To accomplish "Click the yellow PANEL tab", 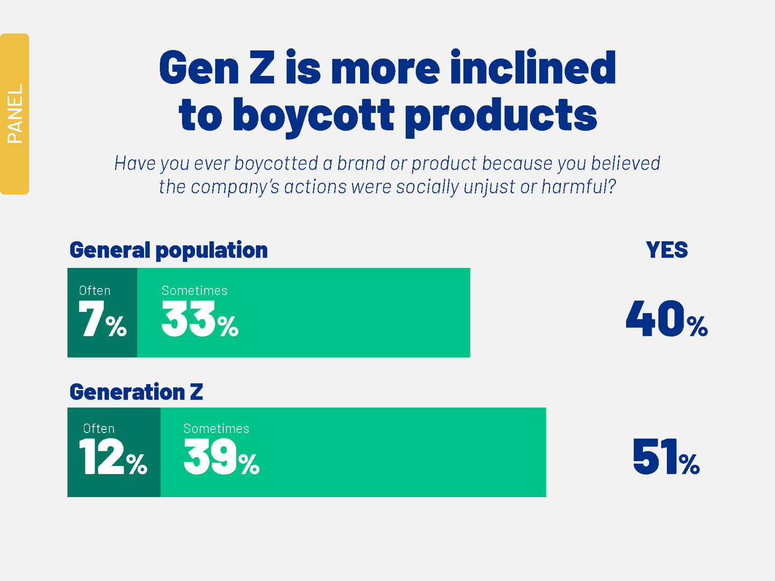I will click(x=15, y=114).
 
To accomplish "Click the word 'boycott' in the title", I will click(x=314, y=115).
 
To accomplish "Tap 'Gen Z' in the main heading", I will click(x=217, y=68).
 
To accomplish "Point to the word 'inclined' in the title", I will click(x=533, y=68).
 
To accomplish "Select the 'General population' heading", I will click(x=168, y=250).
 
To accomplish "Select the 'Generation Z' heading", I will click(x=136, y=392).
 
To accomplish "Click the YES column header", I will click(x=667, y=250).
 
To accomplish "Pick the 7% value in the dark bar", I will click(x=102, y=319).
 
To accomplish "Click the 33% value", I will click(x=200, y=319).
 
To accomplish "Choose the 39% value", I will click(x=221, y=457).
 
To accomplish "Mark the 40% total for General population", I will click(x=666, y=319).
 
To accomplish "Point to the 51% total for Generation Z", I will click(x=666, y=457).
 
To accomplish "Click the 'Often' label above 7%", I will click(x=95, y=290).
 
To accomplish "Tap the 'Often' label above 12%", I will click(x=99, y=429).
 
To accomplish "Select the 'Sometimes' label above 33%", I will click(x=194, y=290).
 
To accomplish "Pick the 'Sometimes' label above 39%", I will click(x=216, y=429).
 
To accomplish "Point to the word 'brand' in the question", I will click(x=361, y=163).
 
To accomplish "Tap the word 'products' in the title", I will click(x=501, y=115).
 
